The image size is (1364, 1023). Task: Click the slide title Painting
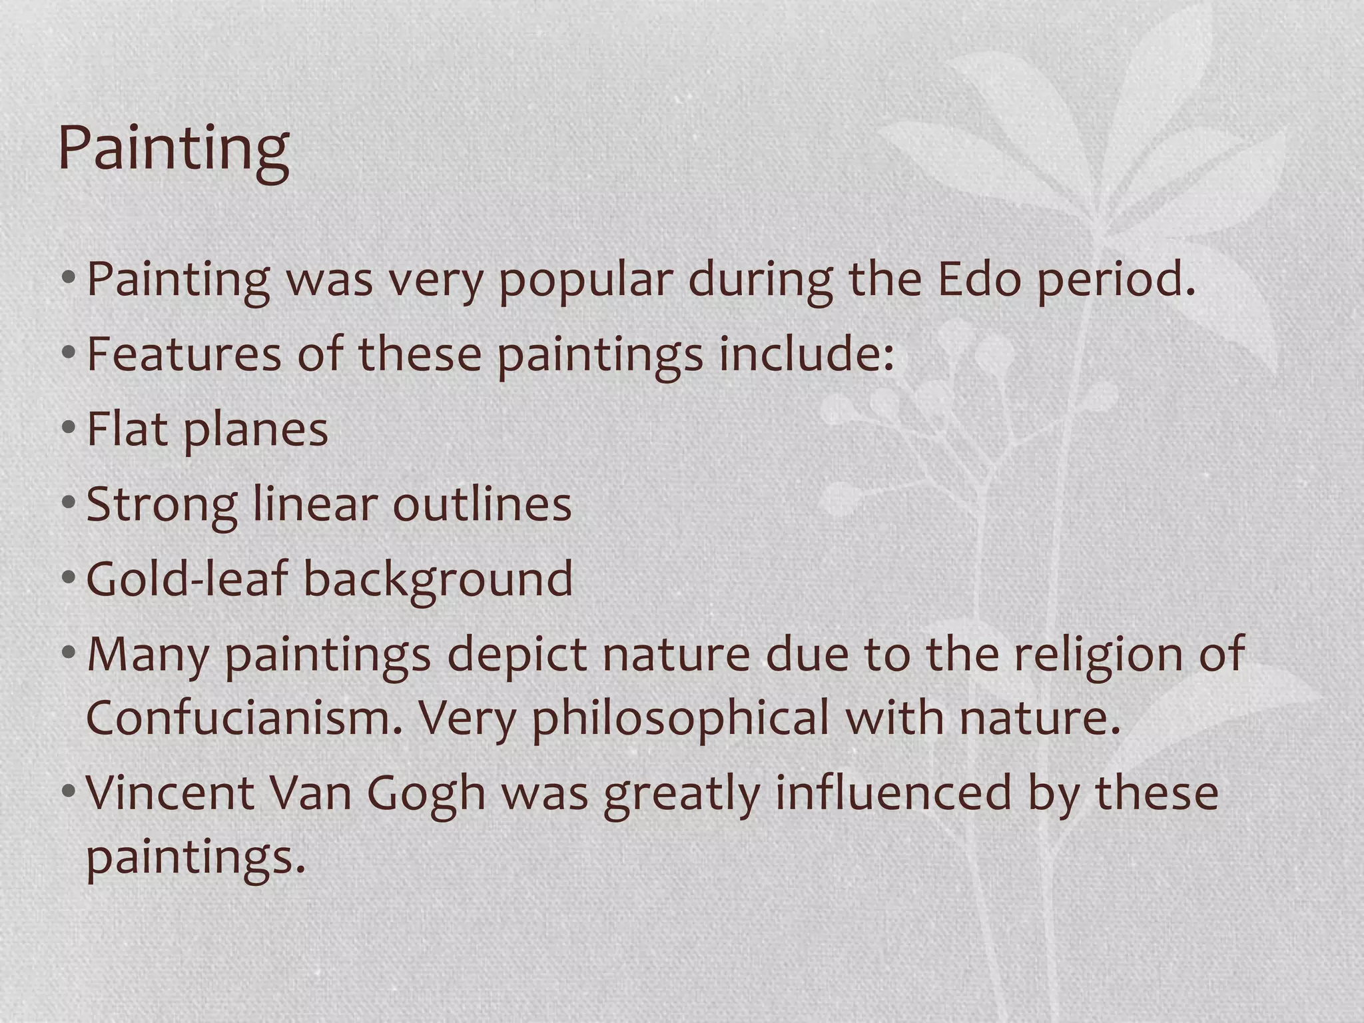tap(173, 148)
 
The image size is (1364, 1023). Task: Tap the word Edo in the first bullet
tap(978, 279)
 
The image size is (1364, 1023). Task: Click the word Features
tap(184, 354)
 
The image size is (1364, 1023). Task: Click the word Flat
tap(127, 429)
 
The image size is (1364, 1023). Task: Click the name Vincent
tap(170, 793)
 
